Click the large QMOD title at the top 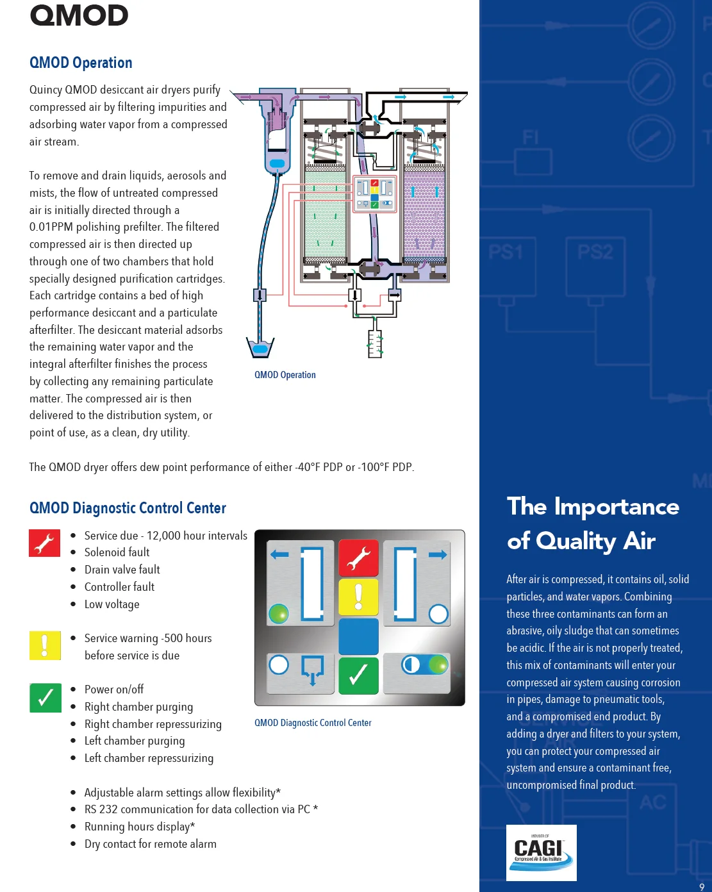pyautogui.click(x=79, y=16)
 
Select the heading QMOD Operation pyautogui.click(x=81, y=63)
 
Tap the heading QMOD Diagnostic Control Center pyautogui.click(x=128, y=508)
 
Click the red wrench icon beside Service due pyautogui.click(x=44, y=543)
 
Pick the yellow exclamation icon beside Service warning pyautogui.click(x=45, y=645)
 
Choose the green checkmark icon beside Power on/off pyautogui.click(x=45, y=698)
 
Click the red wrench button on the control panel pyautogui.click(x=358, y=557)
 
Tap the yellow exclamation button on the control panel pyautogui.click(x=358, y=596)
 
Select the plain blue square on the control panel pyautogui.click(x=358, y=636)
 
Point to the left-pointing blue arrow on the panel pyautogui.click(x=279, y=554)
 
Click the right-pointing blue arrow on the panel pyautogui.click(x=438, y=554)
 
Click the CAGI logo pyautogui.click(x=541, y=852)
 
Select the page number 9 pyautogui.click(x=702, y=887)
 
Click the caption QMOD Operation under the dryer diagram pyautogui.click(x=285, y=375)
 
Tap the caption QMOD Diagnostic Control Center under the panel pyautogui.click(x=313, y=723)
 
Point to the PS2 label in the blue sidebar pyautogui.click(x=595, y=252)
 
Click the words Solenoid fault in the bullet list pyautogui.click(x=117, y=552)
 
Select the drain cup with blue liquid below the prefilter pyautogui.click(x=260, y=347)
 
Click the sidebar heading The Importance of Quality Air pyautogui.click(x=593, y=524)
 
